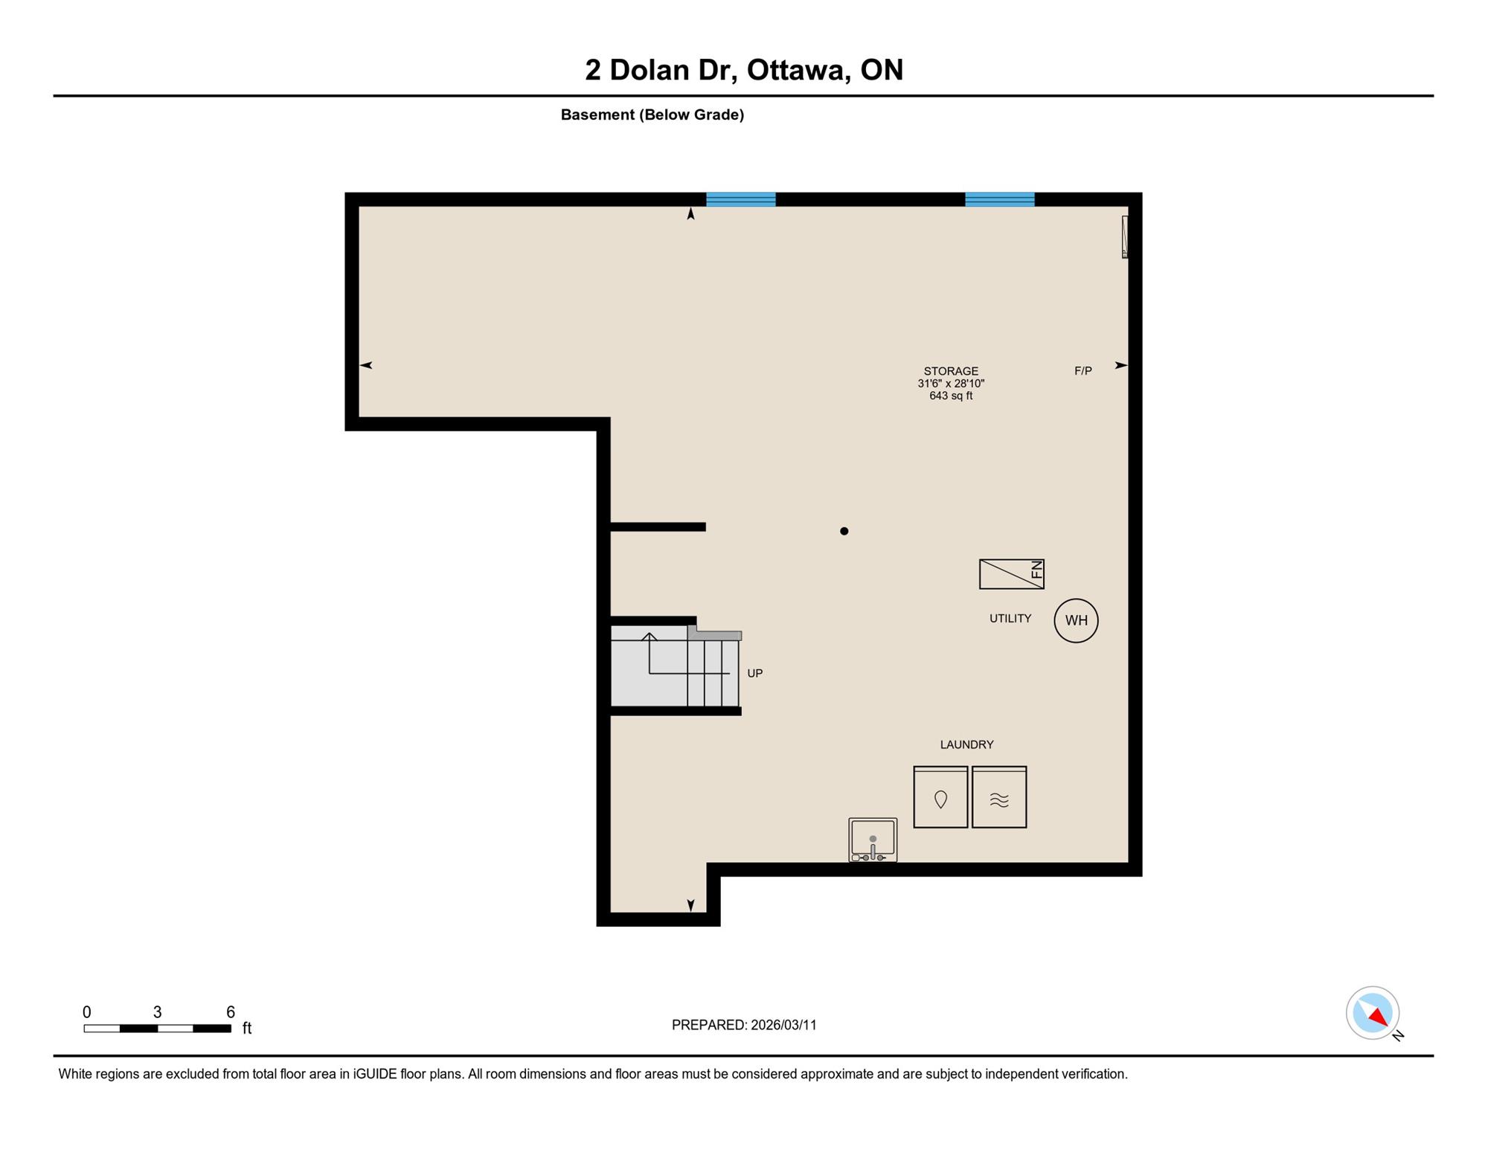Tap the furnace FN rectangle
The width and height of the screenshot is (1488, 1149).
point(1012,574)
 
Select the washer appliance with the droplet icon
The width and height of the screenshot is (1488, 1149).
point(940,797)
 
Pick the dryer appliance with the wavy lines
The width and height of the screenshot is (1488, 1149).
point(999,797)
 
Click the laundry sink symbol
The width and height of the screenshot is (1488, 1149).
point(873,840)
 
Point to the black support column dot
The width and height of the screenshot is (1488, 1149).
point(844,531)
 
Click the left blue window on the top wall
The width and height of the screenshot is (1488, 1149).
point(741,199)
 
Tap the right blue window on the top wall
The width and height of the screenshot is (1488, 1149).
point(1000,199)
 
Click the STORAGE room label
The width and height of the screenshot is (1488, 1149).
point(951,371)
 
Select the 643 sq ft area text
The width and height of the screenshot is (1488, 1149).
point(951,396)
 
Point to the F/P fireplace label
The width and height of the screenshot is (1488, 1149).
point(1083,370)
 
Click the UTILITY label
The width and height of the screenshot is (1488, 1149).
point(1010,618)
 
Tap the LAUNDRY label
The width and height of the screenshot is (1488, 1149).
point(966,744)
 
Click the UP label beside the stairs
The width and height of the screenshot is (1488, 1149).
point(755,673)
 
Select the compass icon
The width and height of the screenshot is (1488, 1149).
point(1373,1013)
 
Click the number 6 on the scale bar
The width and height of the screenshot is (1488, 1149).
point(231,1011)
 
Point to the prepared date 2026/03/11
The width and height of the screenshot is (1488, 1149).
point(783,1025)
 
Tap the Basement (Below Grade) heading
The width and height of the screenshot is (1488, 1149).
point(652,115)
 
